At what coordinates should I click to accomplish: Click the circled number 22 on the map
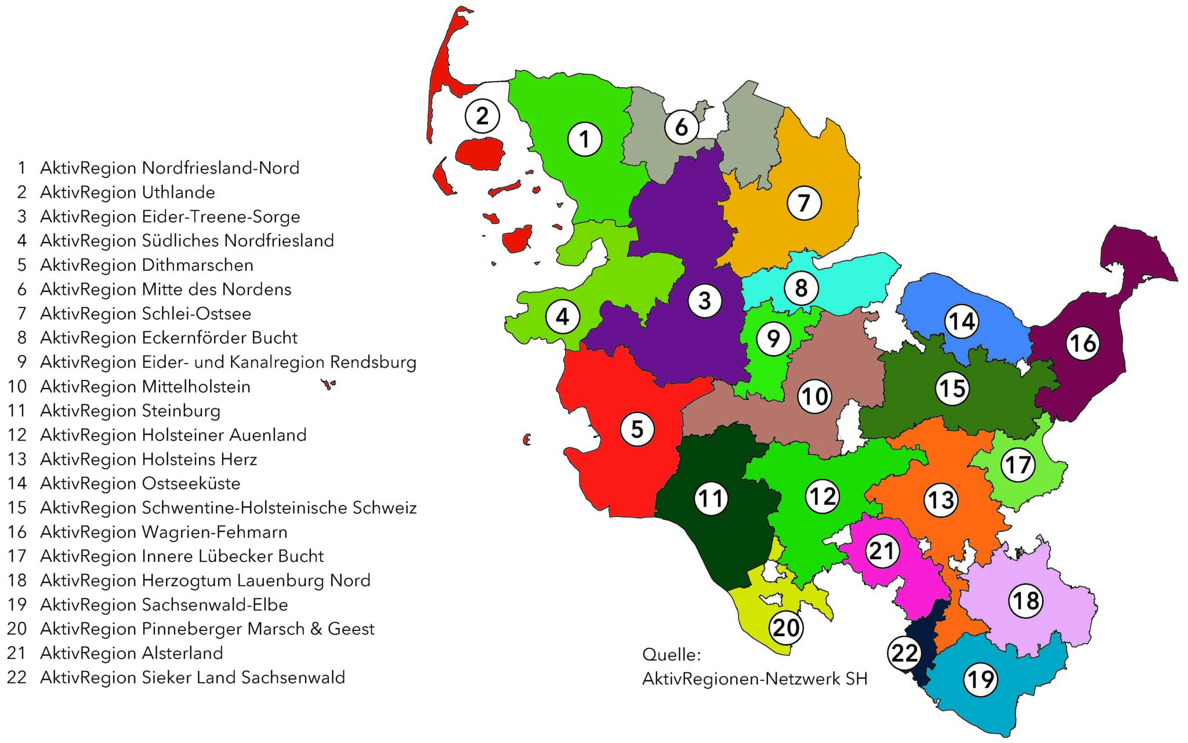pyautogui.click(x=904, y=654)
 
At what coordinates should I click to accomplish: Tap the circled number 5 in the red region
pyautogui.click(x=637, y=429)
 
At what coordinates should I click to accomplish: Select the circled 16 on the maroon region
pyautogui.click(x=1082, y=343)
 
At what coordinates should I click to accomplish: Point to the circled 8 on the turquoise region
pyautogui.click(x=801, y=288)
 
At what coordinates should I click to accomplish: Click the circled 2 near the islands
pyautogui.click(x=482, y=116)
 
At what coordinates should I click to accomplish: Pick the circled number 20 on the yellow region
pyautogui.click(x=786, y=628)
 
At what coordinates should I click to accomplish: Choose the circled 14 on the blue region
pyautogui.click(x=961, y=321)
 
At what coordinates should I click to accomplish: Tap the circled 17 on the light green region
pyautogui.click(x=1018, y=465)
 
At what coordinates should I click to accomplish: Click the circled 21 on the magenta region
pyautogui.click(x=882, y=550)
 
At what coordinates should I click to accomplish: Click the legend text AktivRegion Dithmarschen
pyautogui.click(x=147, y=265)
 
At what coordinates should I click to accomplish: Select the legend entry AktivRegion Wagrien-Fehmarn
pyautogui.click(x=164, y=532)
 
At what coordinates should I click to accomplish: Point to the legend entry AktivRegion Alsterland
pyautogui.click(x=132, y=653)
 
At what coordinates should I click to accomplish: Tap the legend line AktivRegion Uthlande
pyautogui.click(x=128, y=192)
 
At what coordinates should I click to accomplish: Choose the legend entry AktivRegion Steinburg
pyautogui.click(x=131, y=411)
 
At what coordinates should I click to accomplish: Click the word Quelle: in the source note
pyautogui.click(x=671, y=655)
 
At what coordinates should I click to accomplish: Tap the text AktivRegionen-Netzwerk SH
pyautogui.click(x=755, y=679)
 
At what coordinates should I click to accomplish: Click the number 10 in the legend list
pyautogui.click(x=17, y=386)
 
